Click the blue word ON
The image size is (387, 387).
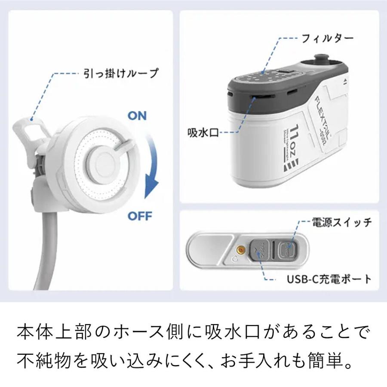pos(136,116)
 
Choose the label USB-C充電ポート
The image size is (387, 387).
pos(329,279)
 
